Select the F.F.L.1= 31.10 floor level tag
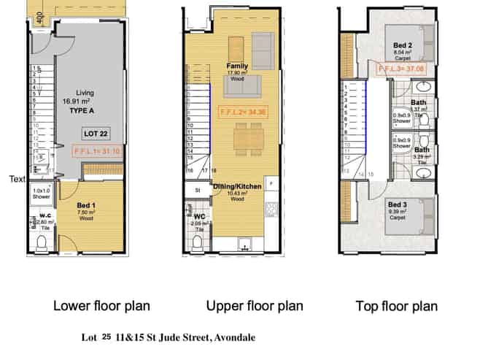[98, 151]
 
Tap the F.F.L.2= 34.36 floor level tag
[243, 112]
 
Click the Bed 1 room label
[88, 207]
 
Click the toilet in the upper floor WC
[198, 242]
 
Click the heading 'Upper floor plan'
[255, 305]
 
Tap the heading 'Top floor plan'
[397, 306]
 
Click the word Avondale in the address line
[231, 338]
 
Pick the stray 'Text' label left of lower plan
[18, 177]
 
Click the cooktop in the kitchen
[271, 209]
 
